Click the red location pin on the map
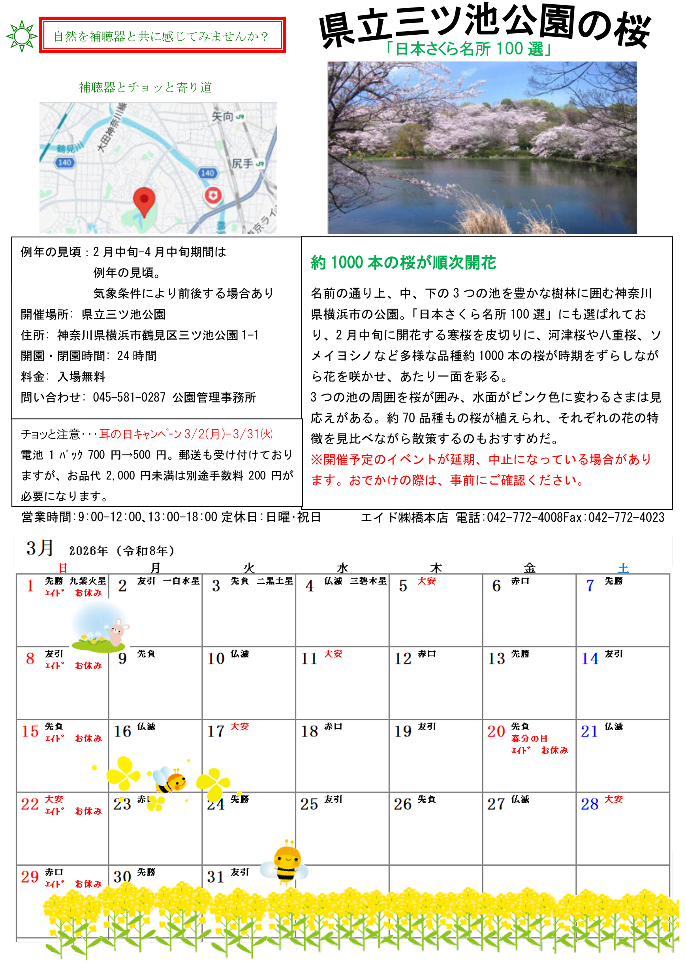point(144,200)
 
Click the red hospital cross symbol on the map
point(213,195)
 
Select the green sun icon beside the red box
point(22,36)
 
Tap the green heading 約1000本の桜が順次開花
point(403,262)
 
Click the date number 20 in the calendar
point(496,731)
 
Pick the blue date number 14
point(589,659)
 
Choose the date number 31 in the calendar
point(215,877)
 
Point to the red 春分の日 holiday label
point(529,738)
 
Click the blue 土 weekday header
point(623,568)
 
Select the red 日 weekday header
point(62,568)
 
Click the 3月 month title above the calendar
point(40,548)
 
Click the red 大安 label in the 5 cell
point(426,581)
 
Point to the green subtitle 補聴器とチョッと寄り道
point(145,87)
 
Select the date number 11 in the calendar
point(309,659)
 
